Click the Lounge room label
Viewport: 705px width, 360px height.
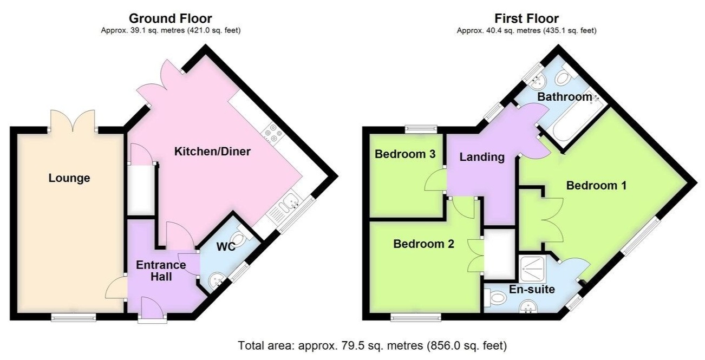[69, 178]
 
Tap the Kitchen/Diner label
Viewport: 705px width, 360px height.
[212, 152]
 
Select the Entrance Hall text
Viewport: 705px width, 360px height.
[161, 271]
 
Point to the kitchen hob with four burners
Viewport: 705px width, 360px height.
[271, 134]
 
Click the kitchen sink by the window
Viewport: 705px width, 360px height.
[290, 205]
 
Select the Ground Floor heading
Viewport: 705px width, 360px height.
[171, 19]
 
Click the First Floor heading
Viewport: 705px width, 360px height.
[526, 19]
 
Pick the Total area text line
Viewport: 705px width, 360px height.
[373, 345]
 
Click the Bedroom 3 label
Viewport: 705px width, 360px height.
[405, 154]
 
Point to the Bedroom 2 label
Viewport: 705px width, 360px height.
[423, 244]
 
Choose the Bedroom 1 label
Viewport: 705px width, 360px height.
[596, 186]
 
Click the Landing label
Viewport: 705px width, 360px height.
[482, 158]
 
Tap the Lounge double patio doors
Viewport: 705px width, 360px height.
[73, 121]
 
